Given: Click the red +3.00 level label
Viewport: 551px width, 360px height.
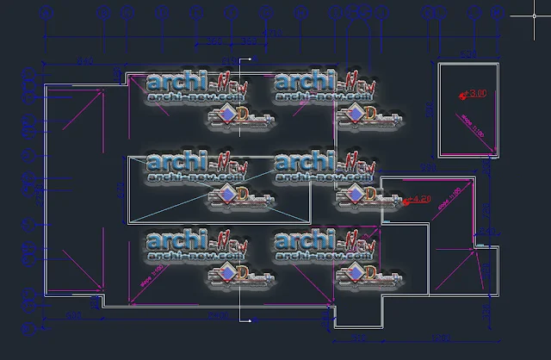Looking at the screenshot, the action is [477, 92].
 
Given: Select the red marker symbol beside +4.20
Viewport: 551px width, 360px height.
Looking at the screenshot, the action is [406, 201].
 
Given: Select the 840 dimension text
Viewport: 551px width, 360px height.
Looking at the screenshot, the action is [84, 62].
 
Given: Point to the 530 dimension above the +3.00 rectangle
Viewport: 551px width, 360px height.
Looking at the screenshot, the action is [467, 54].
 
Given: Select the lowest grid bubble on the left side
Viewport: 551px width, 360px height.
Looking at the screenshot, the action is [32, 329].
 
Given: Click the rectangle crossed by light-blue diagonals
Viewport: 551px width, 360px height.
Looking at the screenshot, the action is [219, 191].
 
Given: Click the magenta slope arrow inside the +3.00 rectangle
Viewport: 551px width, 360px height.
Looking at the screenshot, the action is [459, 116].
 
